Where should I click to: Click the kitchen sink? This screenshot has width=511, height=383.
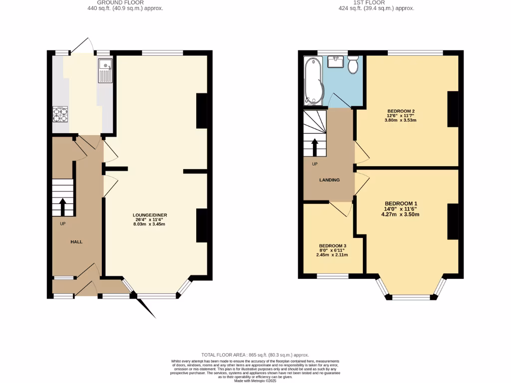[106, 70]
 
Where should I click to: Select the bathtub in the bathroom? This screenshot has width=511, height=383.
[313, 80]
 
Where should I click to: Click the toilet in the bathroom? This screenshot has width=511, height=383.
[353, 64]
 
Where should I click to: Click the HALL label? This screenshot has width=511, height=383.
[76, 242]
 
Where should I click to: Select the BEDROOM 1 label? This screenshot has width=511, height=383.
[401, 203]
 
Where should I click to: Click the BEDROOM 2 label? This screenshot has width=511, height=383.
[401, 111]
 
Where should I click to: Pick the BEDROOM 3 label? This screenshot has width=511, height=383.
[332, 246]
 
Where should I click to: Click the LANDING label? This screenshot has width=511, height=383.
[330, 180]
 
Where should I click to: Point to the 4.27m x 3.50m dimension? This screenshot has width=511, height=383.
[401, 215]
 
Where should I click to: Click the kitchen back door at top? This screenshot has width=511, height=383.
[82, 45]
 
